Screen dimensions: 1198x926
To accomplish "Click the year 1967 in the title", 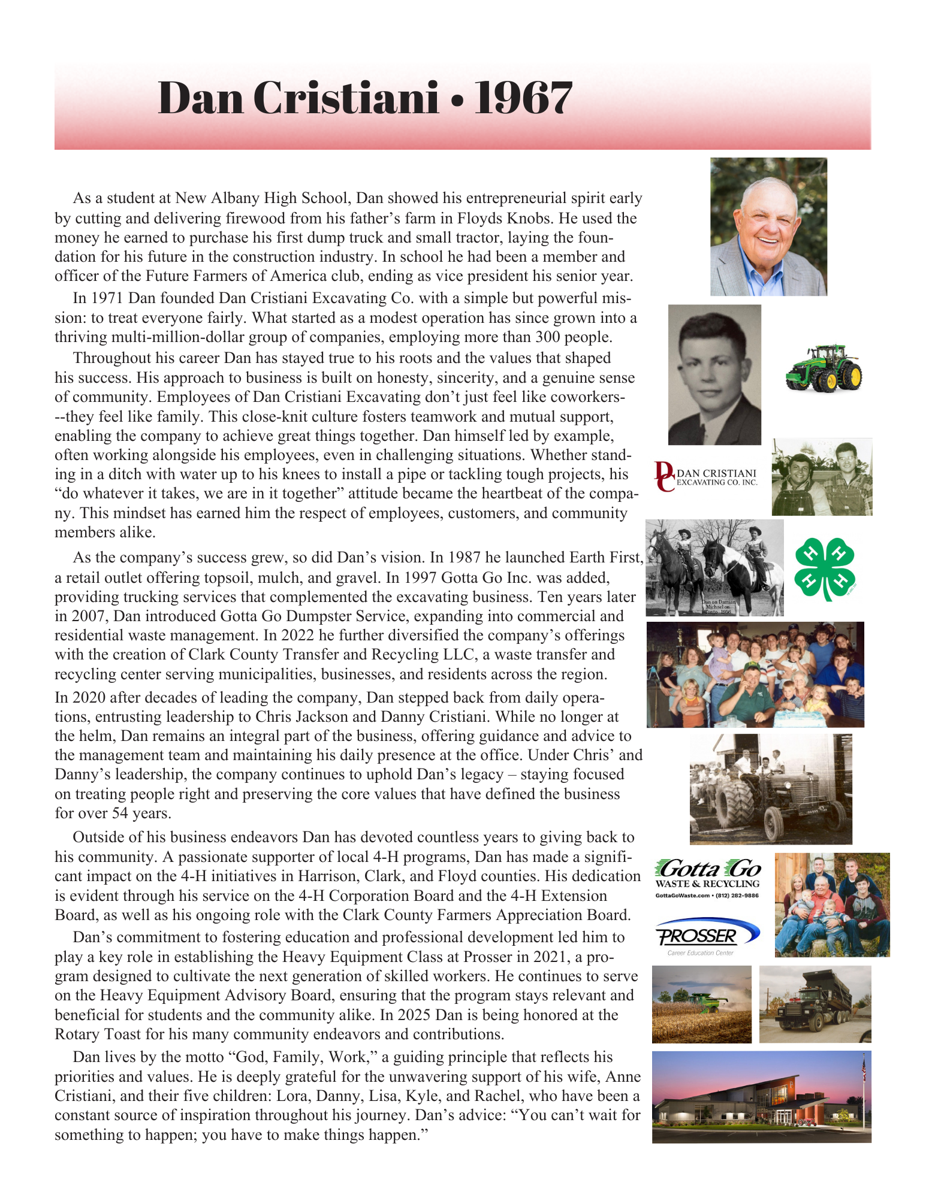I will [x=523, y=98].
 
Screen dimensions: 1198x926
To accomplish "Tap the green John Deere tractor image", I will [x=824, y=368].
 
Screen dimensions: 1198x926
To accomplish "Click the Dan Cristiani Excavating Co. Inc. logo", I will [x=706, y=477].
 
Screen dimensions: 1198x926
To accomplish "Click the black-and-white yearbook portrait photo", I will [x=714, y=374].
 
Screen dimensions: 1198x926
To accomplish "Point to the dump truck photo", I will [x=815, y=1004].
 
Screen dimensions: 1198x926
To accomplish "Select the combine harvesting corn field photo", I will [x=701, y=1004].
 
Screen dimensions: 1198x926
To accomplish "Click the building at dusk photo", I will [x=761, y=1097].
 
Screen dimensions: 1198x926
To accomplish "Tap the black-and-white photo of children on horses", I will [x=714, y=567].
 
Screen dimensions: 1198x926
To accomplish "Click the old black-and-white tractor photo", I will [x=770, y=788].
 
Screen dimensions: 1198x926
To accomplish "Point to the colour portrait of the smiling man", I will [x=768, y=226].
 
